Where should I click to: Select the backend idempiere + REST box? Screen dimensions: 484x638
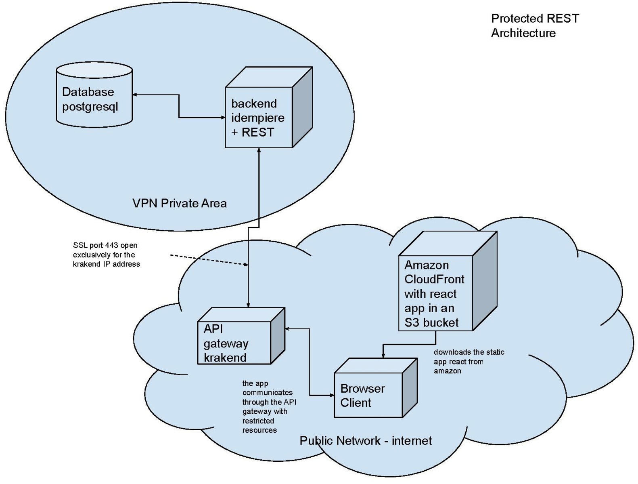[259, 117]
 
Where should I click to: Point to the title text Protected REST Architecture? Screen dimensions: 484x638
[535, 25]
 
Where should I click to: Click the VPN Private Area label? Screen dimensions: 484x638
[180, 203]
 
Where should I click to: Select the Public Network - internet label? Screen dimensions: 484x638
[366, 440]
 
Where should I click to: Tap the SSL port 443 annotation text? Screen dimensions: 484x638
[106, 255]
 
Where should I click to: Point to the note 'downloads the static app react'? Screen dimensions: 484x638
[469, 361]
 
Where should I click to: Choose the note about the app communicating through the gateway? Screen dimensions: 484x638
[269, 406]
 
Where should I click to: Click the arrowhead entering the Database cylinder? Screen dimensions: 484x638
[135, 95]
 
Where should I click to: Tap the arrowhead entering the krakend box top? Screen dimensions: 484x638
[249, 305]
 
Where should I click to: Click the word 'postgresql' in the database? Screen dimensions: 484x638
[90, 107]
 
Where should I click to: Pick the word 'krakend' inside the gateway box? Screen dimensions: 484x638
[225, 358]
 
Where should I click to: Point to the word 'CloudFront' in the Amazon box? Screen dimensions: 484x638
[434, 279]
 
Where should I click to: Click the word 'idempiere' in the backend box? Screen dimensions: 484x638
[257, 118]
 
